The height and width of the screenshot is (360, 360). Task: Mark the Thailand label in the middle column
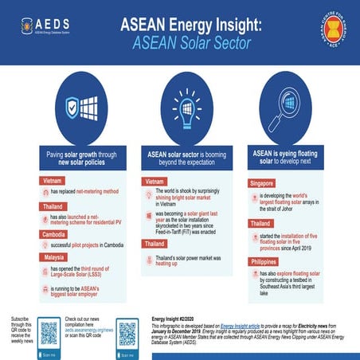[156, 242]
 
